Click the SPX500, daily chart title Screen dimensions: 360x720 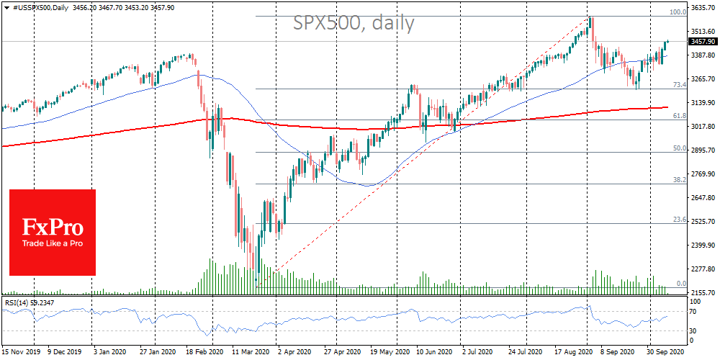tap(354, 24)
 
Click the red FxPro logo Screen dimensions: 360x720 tap(53, 232)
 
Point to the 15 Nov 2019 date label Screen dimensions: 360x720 tap(21, 353)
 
